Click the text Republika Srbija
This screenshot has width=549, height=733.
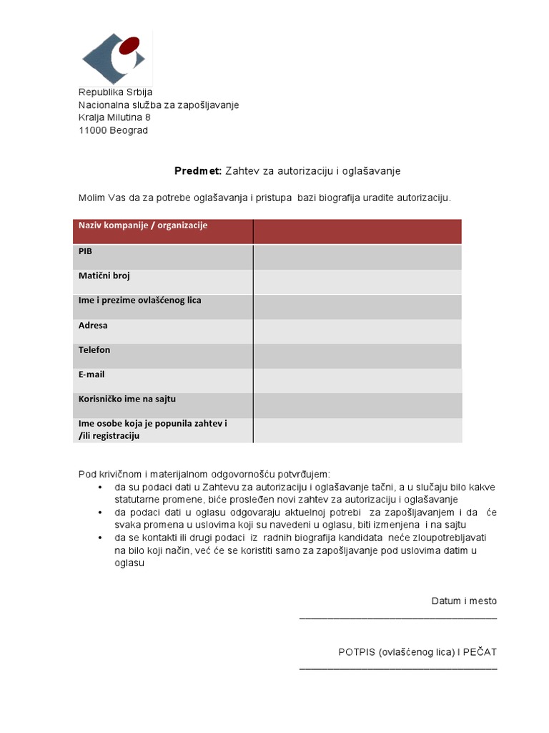click(115, 92)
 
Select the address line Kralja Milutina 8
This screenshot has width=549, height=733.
click(114, 117)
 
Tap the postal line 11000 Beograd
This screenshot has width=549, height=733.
click(113, 130)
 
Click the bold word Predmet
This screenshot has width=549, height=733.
click(198, 171)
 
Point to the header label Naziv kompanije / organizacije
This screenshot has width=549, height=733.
click(143, 225)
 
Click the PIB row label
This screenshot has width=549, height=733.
click(85, 251)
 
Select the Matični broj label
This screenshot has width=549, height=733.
click(104, 276)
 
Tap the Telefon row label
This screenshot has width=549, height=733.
click(94, 350)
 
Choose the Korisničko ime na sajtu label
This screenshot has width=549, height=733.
click(127, 399)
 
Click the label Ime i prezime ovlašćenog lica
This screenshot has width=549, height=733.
click(139, 301)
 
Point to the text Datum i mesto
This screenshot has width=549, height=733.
click(463, 601)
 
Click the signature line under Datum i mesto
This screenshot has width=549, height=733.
click(397, 616)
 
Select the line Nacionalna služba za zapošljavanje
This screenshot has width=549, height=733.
click(159, 105)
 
